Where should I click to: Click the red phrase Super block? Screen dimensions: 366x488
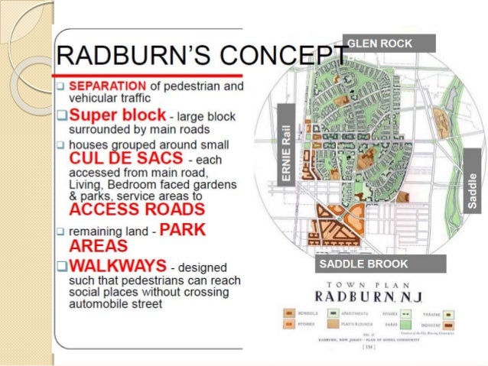click(117, 115)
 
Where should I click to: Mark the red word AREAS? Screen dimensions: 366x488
click(97, 246)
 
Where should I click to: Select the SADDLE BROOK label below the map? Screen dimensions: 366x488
click(363, 264)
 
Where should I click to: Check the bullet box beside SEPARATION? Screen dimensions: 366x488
click(60, 86)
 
